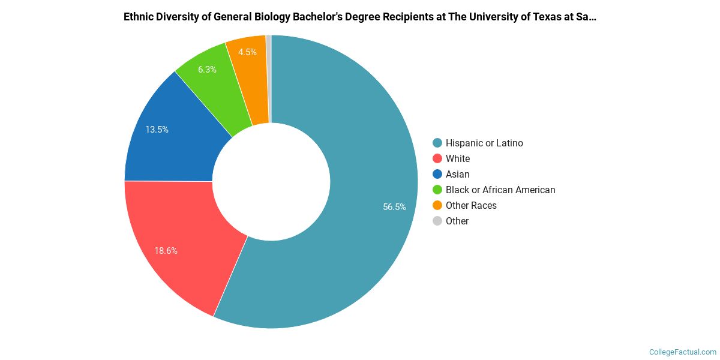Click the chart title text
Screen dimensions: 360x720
[x=359, y=17]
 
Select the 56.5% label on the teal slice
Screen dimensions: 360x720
[x=394, y=207]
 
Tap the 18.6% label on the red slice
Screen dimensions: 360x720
[x=166, y=251]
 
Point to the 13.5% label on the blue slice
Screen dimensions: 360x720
[x=157, y=129]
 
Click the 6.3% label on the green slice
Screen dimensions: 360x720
[x=207, y=70]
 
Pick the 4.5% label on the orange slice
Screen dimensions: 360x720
[x=247, y=52]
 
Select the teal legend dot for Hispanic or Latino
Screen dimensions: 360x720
[x=437, y=143]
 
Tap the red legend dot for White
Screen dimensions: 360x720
[x=437, y=158]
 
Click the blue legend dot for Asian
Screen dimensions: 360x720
[x=437, y=174]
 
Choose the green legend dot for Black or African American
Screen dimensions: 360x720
[x=437, y=190]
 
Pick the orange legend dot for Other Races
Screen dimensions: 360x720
[x=437, y=205]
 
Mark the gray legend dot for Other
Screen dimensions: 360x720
[x=437, y=221]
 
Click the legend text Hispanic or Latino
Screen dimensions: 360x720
[x=484, y=143]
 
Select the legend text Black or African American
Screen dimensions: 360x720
[x=500, y=190]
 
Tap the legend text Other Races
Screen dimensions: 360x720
[x=471, y=205]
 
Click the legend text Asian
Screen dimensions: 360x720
[x=457, y=174]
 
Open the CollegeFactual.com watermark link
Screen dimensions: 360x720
[x=682, y=352]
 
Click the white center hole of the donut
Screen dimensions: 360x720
[x=271, y=181]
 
